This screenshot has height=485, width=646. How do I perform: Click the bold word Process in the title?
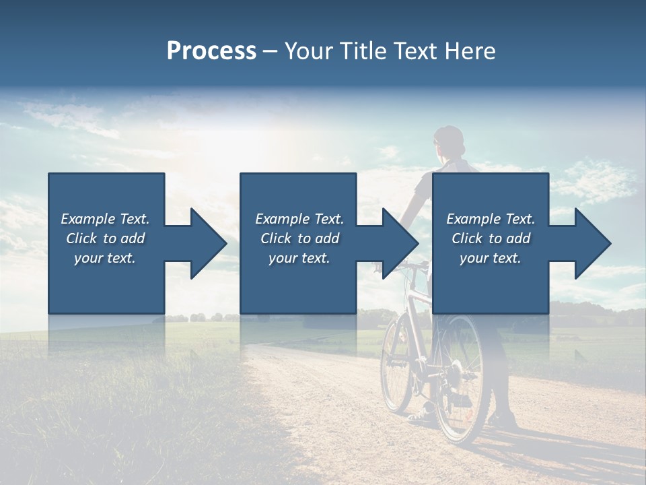click(x=211, y=51)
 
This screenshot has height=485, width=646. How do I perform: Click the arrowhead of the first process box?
click(x=209, y=243)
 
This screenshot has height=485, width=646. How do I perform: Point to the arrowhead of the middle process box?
click(x=401, y=243)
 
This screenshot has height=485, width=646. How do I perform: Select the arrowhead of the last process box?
click(x=593, y=243)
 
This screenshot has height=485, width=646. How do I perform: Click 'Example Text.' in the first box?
click(x=105, y=219)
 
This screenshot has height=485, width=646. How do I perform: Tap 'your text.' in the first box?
click(x=105, y=258)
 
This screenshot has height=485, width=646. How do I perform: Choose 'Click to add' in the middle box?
click(x=299, y=238)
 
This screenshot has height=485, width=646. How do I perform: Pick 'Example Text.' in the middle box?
click(x=299, y=219)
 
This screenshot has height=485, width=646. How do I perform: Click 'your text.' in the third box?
click(x=491, y=258)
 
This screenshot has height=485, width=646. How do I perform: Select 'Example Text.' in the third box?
click(x=491, y=219)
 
